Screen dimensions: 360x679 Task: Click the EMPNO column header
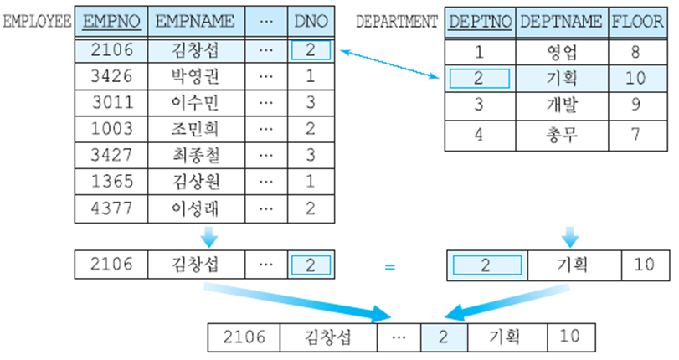[111, 21]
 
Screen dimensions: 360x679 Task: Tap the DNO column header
[311, 21]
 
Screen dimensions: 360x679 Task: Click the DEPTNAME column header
[560, 21]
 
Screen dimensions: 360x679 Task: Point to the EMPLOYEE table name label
[38, 21]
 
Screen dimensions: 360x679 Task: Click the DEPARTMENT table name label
[397, 21]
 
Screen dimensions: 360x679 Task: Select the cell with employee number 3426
[111, 77]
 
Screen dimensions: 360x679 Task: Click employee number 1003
[111, 129]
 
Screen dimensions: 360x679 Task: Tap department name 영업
[560, 52]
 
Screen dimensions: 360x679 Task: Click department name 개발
[560, 105]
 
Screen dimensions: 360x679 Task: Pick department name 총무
[560, 133]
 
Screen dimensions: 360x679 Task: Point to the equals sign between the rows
[389, 268]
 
